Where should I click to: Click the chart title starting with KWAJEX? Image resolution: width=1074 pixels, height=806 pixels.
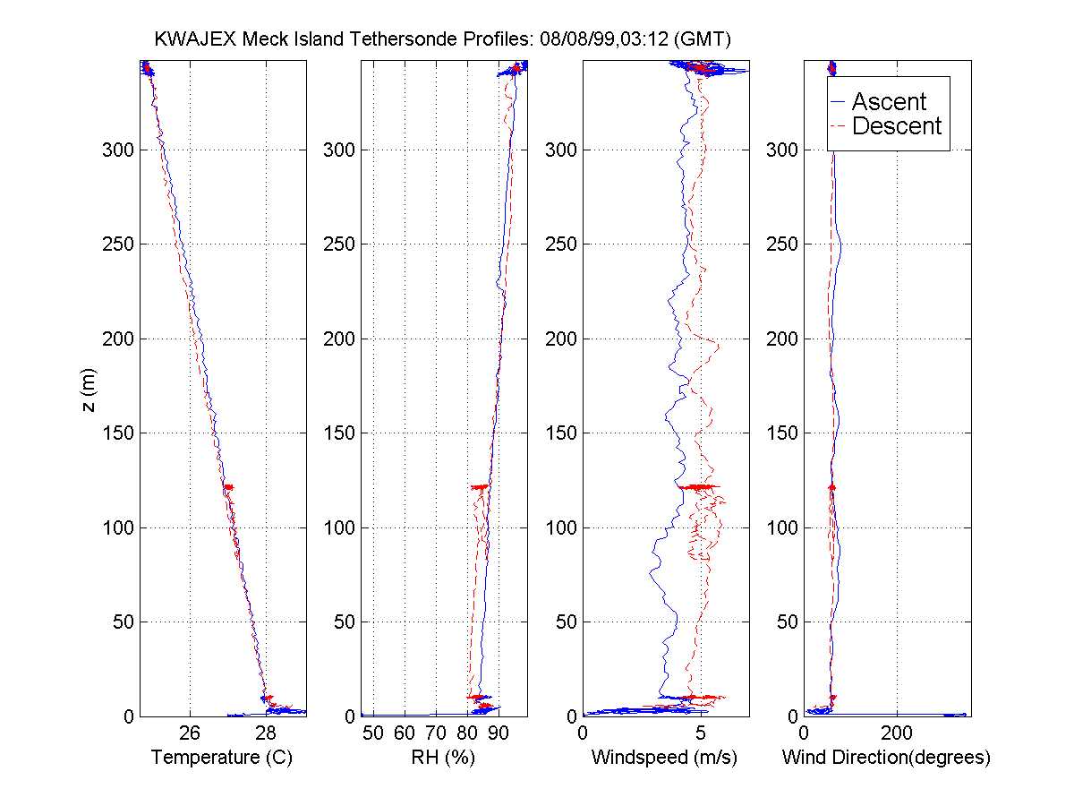pyautogui.click(x=443, y=39)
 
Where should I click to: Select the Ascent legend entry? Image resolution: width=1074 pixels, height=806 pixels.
pyautogui.click(x=888, y=102)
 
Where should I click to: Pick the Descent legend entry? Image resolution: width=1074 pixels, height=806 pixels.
pyautogui.click(x=896, y=126)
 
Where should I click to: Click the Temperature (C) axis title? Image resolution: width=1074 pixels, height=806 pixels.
pyautogui.click(x=222, y=758)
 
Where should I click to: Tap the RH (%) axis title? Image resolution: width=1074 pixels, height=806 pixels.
pyautogui.click(x=443, y=758)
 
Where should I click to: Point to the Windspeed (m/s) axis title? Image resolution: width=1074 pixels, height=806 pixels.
pyautogui.click(x=664, y=758)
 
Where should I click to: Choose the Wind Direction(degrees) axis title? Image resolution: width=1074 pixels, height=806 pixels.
pyautogui.click(x=886, y=758)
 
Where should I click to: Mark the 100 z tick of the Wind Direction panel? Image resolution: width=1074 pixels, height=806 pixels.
pyautogui.click(x=783, y=527)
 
